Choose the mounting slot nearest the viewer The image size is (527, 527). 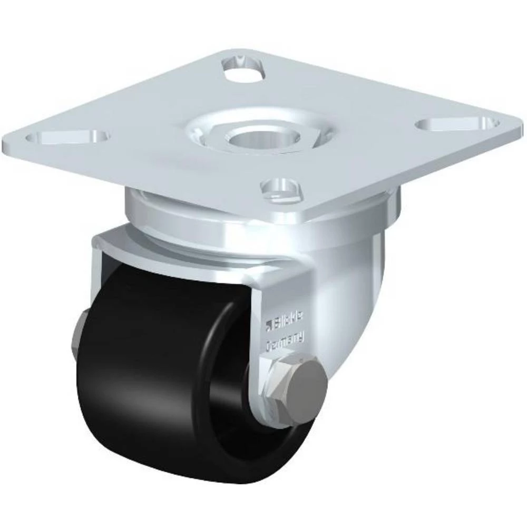coord(284,188)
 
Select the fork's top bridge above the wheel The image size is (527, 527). coord(174,248)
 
